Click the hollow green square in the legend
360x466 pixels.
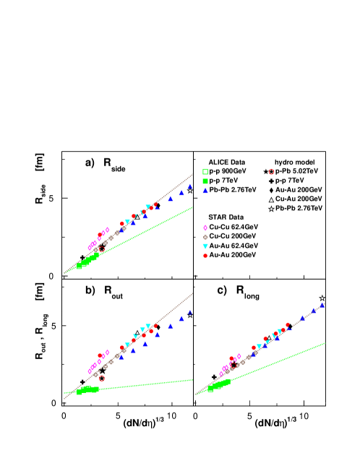(205, 172)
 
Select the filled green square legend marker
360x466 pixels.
(205, 181)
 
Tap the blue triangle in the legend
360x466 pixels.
(205, 191)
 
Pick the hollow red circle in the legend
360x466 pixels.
(271, 172)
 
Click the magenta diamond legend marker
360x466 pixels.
(205, 228)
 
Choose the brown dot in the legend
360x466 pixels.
(205, 237)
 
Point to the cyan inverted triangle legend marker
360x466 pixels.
(205, 246)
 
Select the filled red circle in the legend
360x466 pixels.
(205, 256)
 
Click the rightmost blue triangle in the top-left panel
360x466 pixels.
(190, 186)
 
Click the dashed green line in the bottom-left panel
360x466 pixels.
(159, 383)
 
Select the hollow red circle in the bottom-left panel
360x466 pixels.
(101, 378)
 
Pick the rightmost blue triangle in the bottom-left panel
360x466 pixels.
(190, 312)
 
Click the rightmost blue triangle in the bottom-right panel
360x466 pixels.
(322, 305)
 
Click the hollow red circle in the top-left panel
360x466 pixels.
(100, 249)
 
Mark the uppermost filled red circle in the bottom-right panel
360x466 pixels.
(288, 324)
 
